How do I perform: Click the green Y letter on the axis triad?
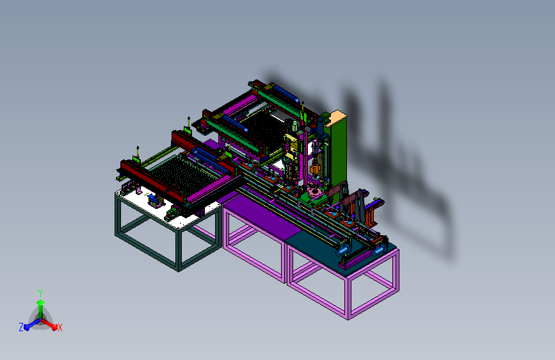click(x=40, y=293)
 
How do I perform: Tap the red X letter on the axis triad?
click(x=60, y=327)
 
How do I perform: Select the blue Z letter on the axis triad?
click(x=21, y=327)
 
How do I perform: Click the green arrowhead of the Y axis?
click(x=41, y=302)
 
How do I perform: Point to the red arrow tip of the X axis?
click(x=54, y=327)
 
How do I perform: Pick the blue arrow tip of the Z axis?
click(x=26, y=327)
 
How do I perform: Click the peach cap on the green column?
click(x=335, y=118)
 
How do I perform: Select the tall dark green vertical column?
click(x=338, y=152)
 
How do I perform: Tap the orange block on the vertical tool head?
click(x=314, y=169)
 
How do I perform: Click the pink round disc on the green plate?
click(x=314, y=193)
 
